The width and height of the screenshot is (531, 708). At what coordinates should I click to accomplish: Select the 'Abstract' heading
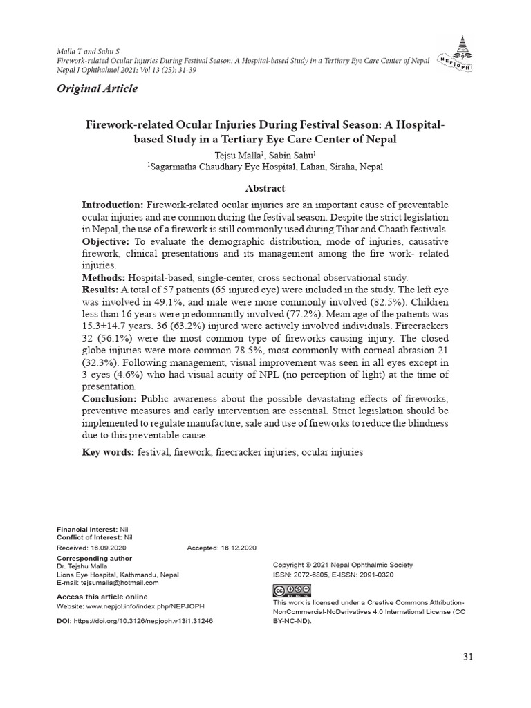265,188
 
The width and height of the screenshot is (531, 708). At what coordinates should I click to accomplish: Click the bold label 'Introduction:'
113,205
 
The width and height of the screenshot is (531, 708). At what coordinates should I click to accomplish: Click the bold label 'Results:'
101,288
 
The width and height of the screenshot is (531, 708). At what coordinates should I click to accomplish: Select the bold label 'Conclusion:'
110,400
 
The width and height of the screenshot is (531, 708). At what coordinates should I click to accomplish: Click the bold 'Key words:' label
108,451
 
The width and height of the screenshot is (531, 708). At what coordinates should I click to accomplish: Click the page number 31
468,657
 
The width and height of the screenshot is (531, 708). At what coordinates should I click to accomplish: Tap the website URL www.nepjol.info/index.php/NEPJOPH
145,606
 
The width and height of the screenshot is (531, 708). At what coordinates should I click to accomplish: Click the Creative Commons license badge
292,591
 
